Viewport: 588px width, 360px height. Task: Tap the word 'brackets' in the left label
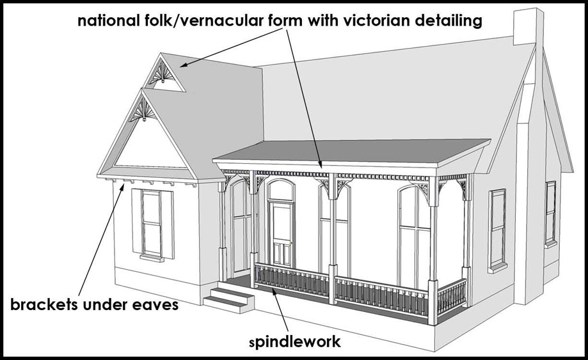(x=45, y=305)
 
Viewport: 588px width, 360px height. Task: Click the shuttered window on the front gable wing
(x=152, y=224)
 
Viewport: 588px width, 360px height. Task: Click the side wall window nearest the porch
(x=497, y=228)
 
